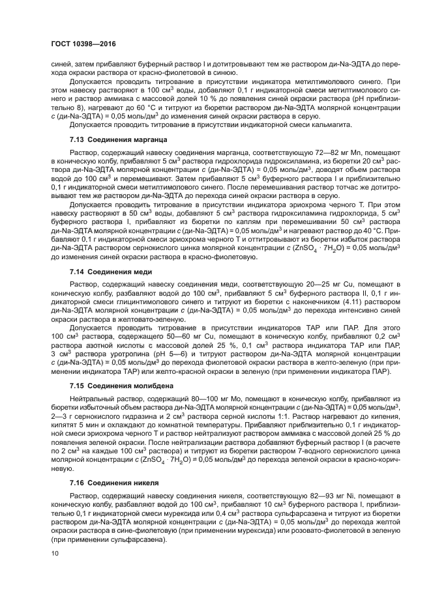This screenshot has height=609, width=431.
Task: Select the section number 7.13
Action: click(x=77, y=140)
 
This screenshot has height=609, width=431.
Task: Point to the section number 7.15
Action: click(x=77, y=385)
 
